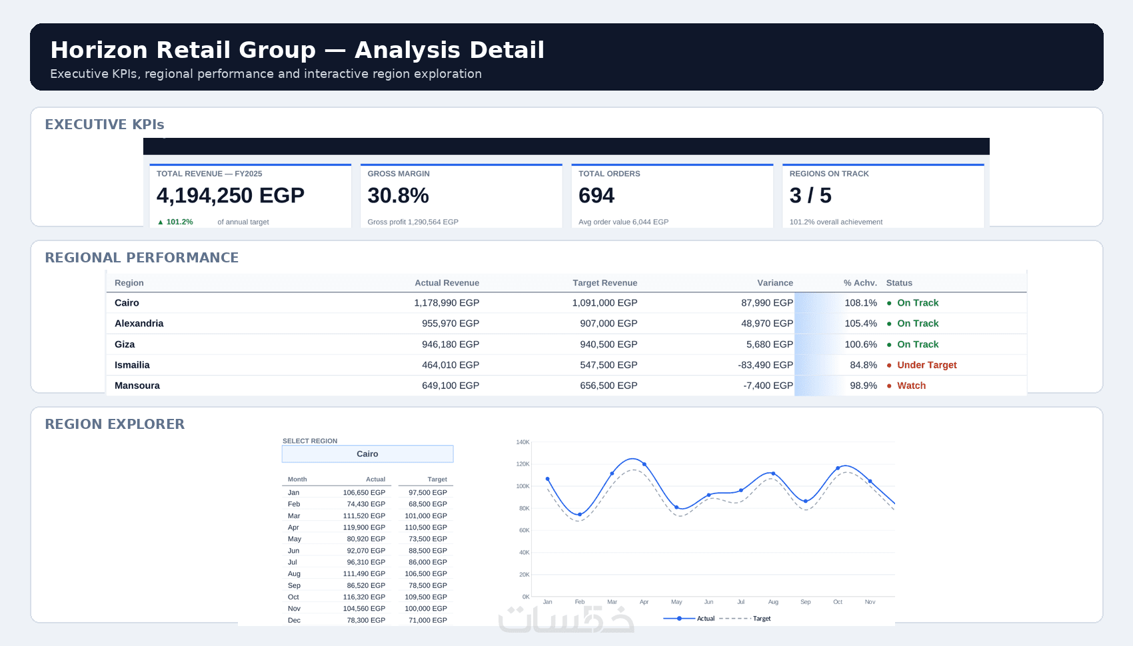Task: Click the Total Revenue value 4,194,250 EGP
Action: click(x=230, y=196)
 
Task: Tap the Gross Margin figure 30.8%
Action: click(x=398, y=196)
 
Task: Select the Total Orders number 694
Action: click(x=596, y=196)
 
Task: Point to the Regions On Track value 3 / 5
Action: click(x=810, y=196)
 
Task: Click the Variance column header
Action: click(x=775, y=283)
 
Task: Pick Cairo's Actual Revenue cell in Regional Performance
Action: click(x=447, y=303)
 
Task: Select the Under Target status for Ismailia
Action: click(x=926, y=365)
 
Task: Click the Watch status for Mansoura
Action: click(x=912, y=386)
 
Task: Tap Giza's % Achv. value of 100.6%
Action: click(x=861, y=344)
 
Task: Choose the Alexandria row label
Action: click(x=139, y=324)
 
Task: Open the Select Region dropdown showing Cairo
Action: click(x=368, y=454)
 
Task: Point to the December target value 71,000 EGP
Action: click(x=428, y=620)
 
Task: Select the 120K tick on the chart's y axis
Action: click(x=523, y=464)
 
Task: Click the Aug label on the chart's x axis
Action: click(x=773, y=602)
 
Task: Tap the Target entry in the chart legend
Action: click(x=761, y=619)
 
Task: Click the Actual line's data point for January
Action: click(x=548, y=480)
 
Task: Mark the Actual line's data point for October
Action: click(x=838, y=468)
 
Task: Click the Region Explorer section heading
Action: click(x=115, y=424)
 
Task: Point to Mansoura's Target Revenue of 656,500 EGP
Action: click(x=608, y=386)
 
